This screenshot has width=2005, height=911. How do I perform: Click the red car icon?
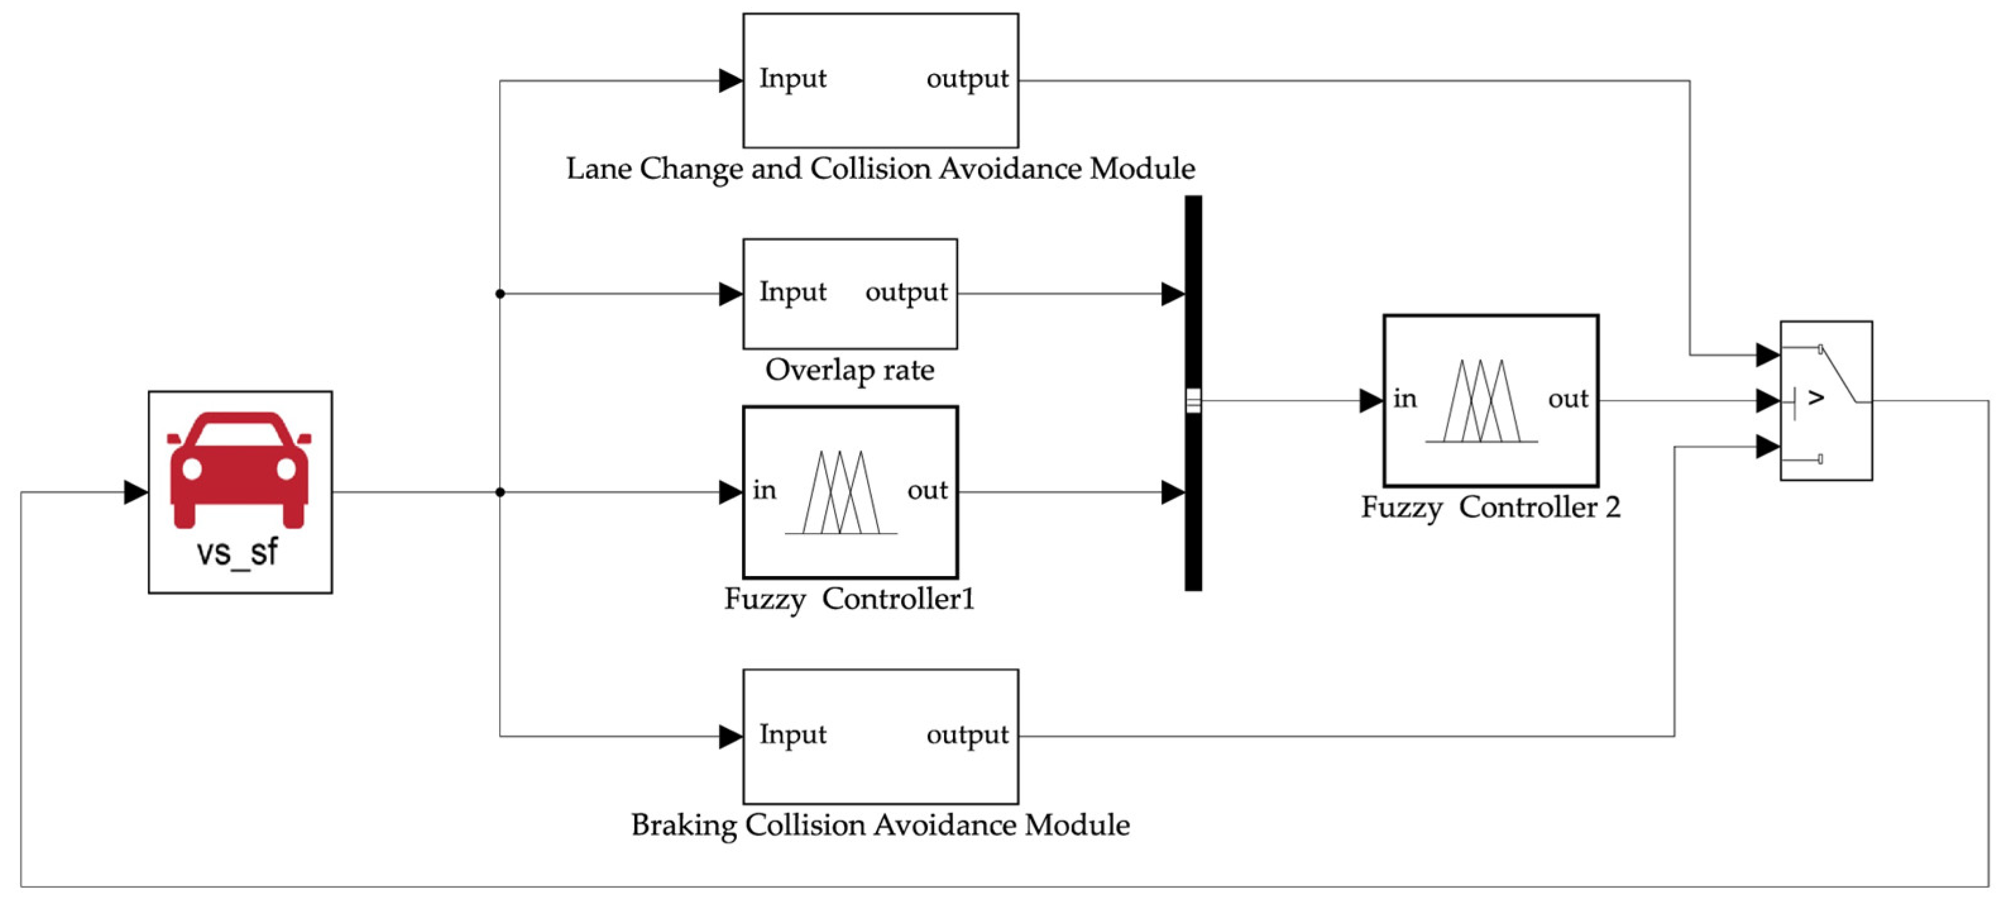pyautogui.click(x=239, y=468)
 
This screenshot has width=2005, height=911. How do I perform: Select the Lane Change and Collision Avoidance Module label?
pyautogui.click(x=880, y=169)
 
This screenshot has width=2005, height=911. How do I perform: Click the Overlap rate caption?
pyautogui.click(x=849, y=370)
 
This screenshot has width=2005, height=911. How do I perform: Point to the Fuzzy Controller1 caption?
pyautogui.click(x=849, y=599)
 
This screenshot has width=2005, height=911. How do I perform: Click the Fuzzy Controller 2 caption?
pyautogui.click(x=1491, y=508)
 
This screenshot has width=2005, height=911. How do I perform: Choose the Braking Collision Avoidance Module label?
pyautogui.click(x=880, y=824)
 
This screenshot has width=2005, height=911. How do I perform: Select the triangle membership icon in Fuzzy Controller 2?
pyautogui.click(x=1481, y=401)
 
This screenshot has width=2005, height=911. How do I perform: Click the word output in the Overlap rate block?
pyautogui.click(x=906, y=292)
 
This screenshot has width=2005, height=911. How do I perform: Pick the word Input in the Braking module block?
pyautogui.click(x=792, y=734)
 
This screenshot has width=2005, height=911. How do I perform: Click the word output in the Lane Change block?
pyautogui.click(x=967, y=78)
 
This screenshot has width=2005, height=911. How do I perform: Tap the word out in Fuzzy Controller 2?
pyautogui.click(x=1568, y=399)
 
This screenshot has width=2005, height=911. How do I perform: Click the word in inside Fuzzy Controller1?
pyautogui.click(x=765, y=490)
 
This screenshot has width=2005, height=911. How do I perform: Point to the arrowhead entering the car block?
pyautogui.click(x=135, y=492)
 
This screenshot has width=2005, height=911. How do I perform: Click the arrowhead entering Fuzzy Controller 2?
pyautogui.click(x=1371, y=401)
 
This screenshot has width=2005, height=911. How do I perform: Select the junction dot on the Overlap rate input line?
pyautogui.click(x=500, y=293)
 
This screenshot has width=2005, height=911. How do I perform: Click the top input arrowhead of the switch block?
pyautogui.click(x=1767, y=355)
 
